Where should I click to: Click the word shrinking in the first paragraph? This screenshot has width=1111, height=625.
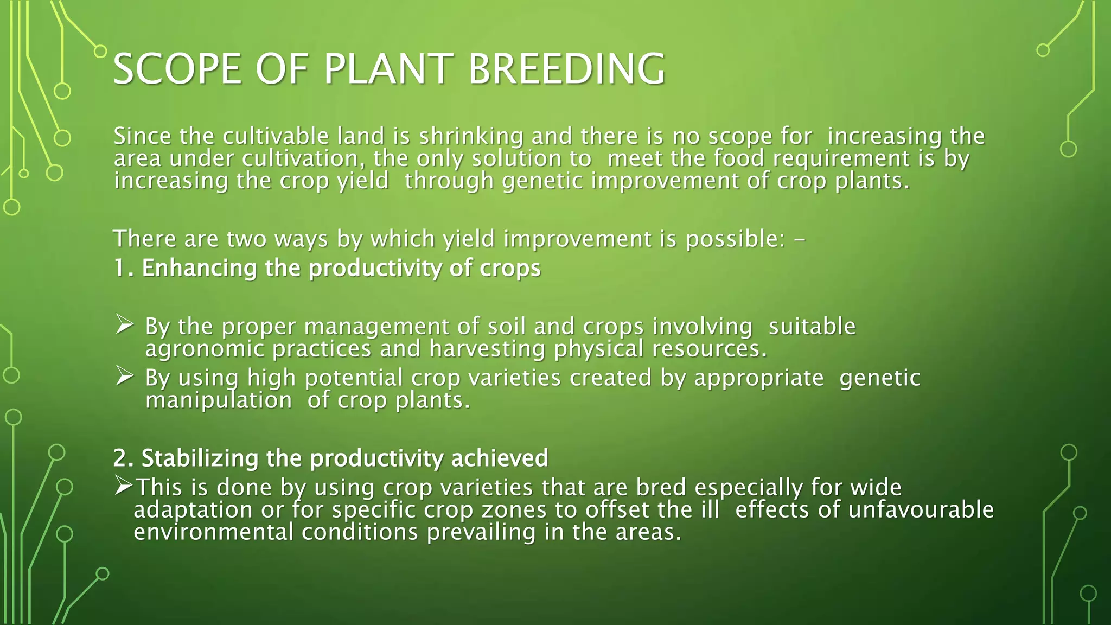[x=470, y=136]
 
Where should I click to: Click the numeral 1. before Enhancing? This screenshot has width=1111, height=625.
[x=124, y=268]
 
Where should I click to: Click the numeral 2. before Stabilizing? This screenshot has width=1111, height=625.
[x=124, y=458]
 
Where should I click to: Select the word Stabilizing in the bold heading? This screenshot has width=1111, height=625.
[x=199, y=458]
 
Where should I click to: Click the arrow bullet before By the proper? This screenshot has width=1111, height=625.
[x=125, y=325]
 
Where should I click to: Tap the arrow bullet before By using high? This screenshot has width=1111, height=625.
[x=125, y=376]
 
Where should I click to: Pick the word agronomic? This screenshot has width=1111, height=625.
[x=204, y=349]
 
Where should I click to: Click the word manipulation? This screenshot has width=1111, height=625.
[x=219, y=400]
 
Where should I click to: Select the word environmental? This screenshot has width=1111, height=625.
[x=213, y=532]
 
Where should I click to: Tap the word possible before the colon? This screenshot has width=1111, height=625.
[x=735, y=239]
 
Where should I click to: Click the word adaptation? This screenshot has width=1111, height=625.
[x=193, y=509]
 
